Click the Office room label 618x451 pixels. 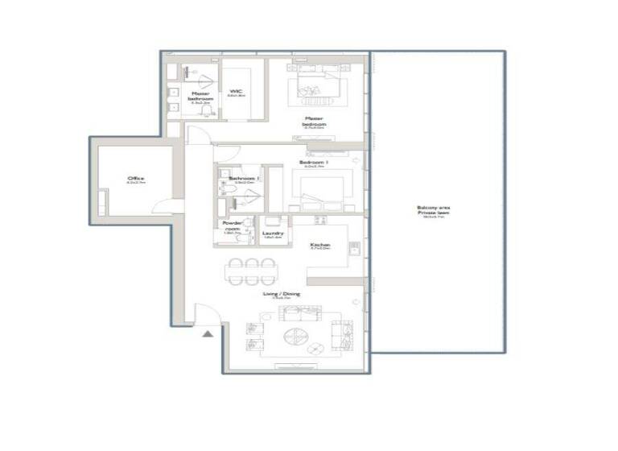(135, 180)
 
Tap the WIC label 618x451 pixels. (236, 93)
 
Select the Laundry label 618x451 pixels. (273, 234)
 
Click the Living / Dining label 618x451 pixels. (281, 296)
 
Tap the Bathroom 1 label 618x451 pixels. (241, 179)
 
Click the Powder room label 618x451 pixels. (233, 229)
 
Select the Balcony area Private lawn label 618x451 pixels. (434, 210)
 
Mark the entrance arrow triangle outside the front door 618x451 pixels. (208, 332)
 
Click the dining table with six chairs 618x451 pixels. (249, 271)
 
